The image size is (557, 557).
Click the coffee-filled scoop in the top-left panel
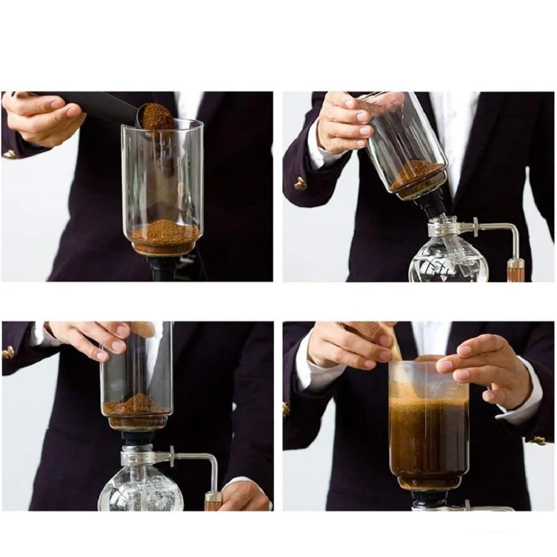[x=156, y=116]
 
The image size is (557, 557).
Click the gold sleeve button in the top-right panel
[x=301, y=183]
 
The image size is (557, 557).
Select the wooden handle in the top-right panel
[x=515, y=270]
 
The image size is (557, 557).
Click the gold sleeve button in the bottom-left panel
[x=8, y=352]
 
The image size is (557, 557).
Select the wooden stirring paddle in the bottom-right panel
[x=396, y=343]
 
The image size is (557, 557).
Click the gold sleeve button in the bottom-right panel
[x=537, y=440]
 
